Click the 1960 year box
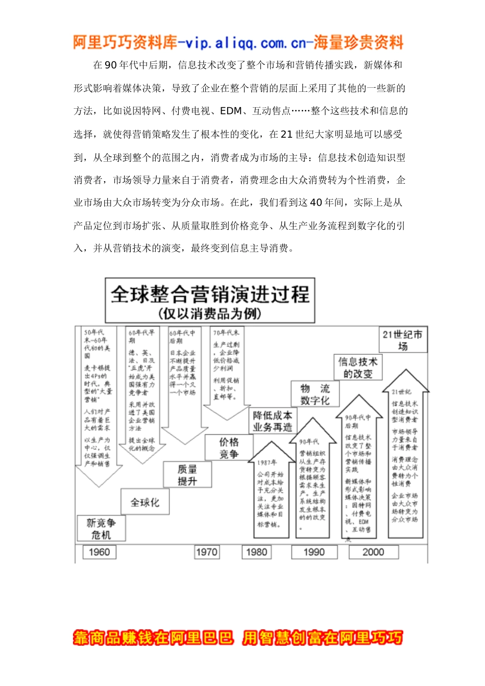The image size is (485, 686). point(99,552)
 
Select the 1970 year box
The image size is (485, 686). point(207,552)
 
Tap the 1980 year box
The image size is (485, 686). point(256,552)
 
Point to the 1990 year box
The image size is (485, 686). point(314,552)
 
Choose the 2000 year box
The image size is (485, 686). point(373,552)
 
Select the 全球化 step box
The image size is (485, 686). point(145,502)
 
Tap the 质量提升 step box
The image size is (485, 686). point(187,475)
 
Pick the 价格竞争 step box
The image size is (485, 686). point(229,448)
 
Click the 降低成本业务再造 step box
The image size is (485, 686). point(273,421)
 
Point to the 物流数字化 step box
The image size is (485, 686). point(315,394)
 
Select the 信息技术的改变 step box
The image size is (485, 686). point(358,367)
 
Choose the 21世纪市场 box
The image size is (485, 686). point(403,340)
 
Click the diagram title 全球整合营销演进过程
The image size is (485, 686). point(210,295)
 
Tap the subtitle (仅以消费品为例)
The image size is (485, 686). point(210,313)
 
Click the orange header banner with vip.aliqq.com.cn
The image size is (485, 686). point(238,43)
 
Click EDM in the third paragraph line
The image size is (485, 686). point(231,111)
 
